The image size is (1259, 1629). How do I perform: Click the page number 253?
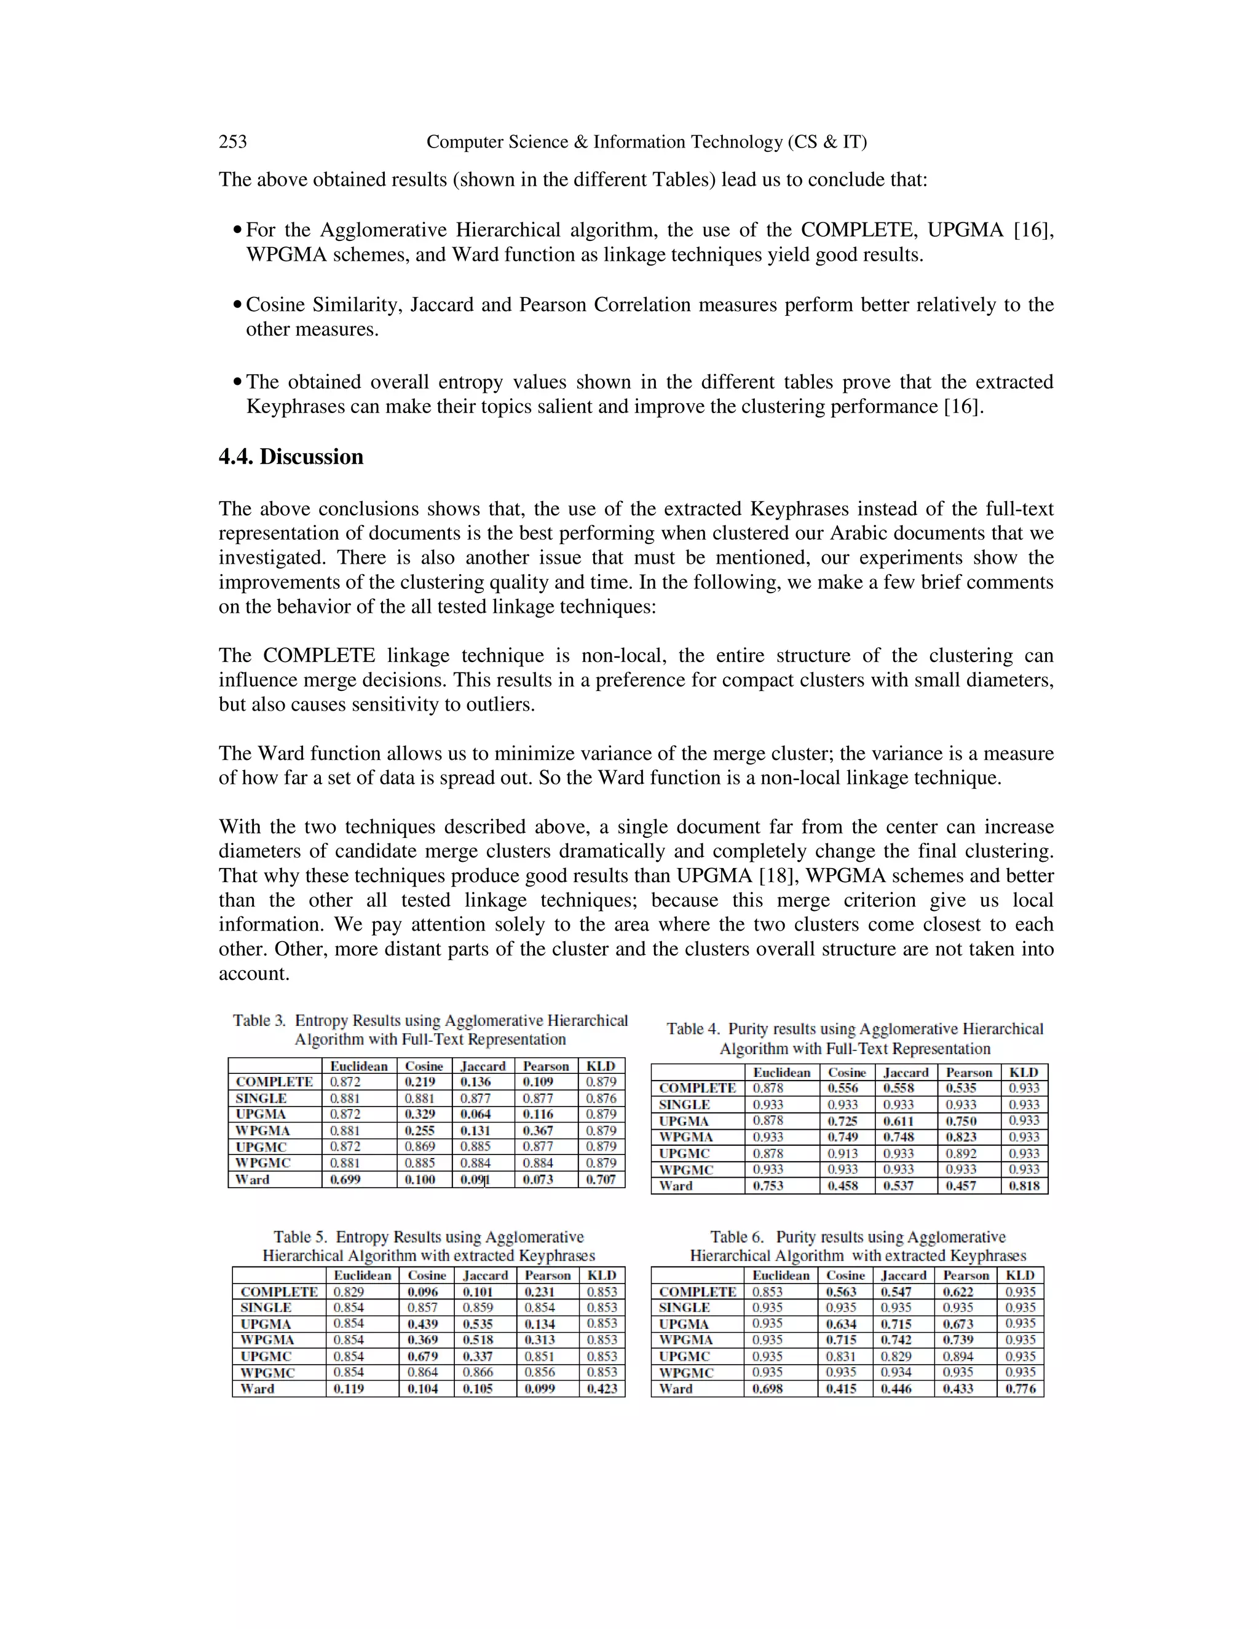point(233,142)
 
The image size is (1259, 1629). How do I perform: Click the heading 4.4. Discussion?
point(291,457)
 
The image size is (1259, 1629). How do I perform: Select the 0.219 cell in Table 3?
point(420,1081)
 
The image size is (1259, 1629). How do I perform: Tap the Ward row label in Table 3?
point(252,1179)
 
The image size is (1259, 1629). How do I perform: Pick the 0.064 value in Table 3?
point(475,1114)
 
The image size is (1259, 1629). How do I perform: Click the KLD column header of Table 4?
point(1024,1072)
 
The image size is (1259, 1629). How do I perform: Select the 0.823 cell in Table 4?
point(961,1137)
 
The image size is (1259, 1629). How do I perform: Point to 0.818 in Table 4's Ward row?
point(1024,1186)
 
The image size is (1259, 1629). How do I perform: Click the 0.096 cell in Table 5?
point(423,1291)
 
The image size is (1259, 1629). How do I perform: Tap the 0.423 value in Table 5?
point(602,1389)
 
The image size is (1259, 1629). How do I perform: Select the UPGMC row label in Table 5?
point(266,1356)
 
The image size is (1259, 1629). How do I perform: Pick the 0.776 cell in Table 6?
point(1020,1389)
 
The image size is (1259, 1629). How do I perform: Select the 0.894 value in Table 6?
point(958,1356)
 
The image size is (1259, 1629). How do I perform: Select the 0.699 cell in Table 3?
point(345,1179)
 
